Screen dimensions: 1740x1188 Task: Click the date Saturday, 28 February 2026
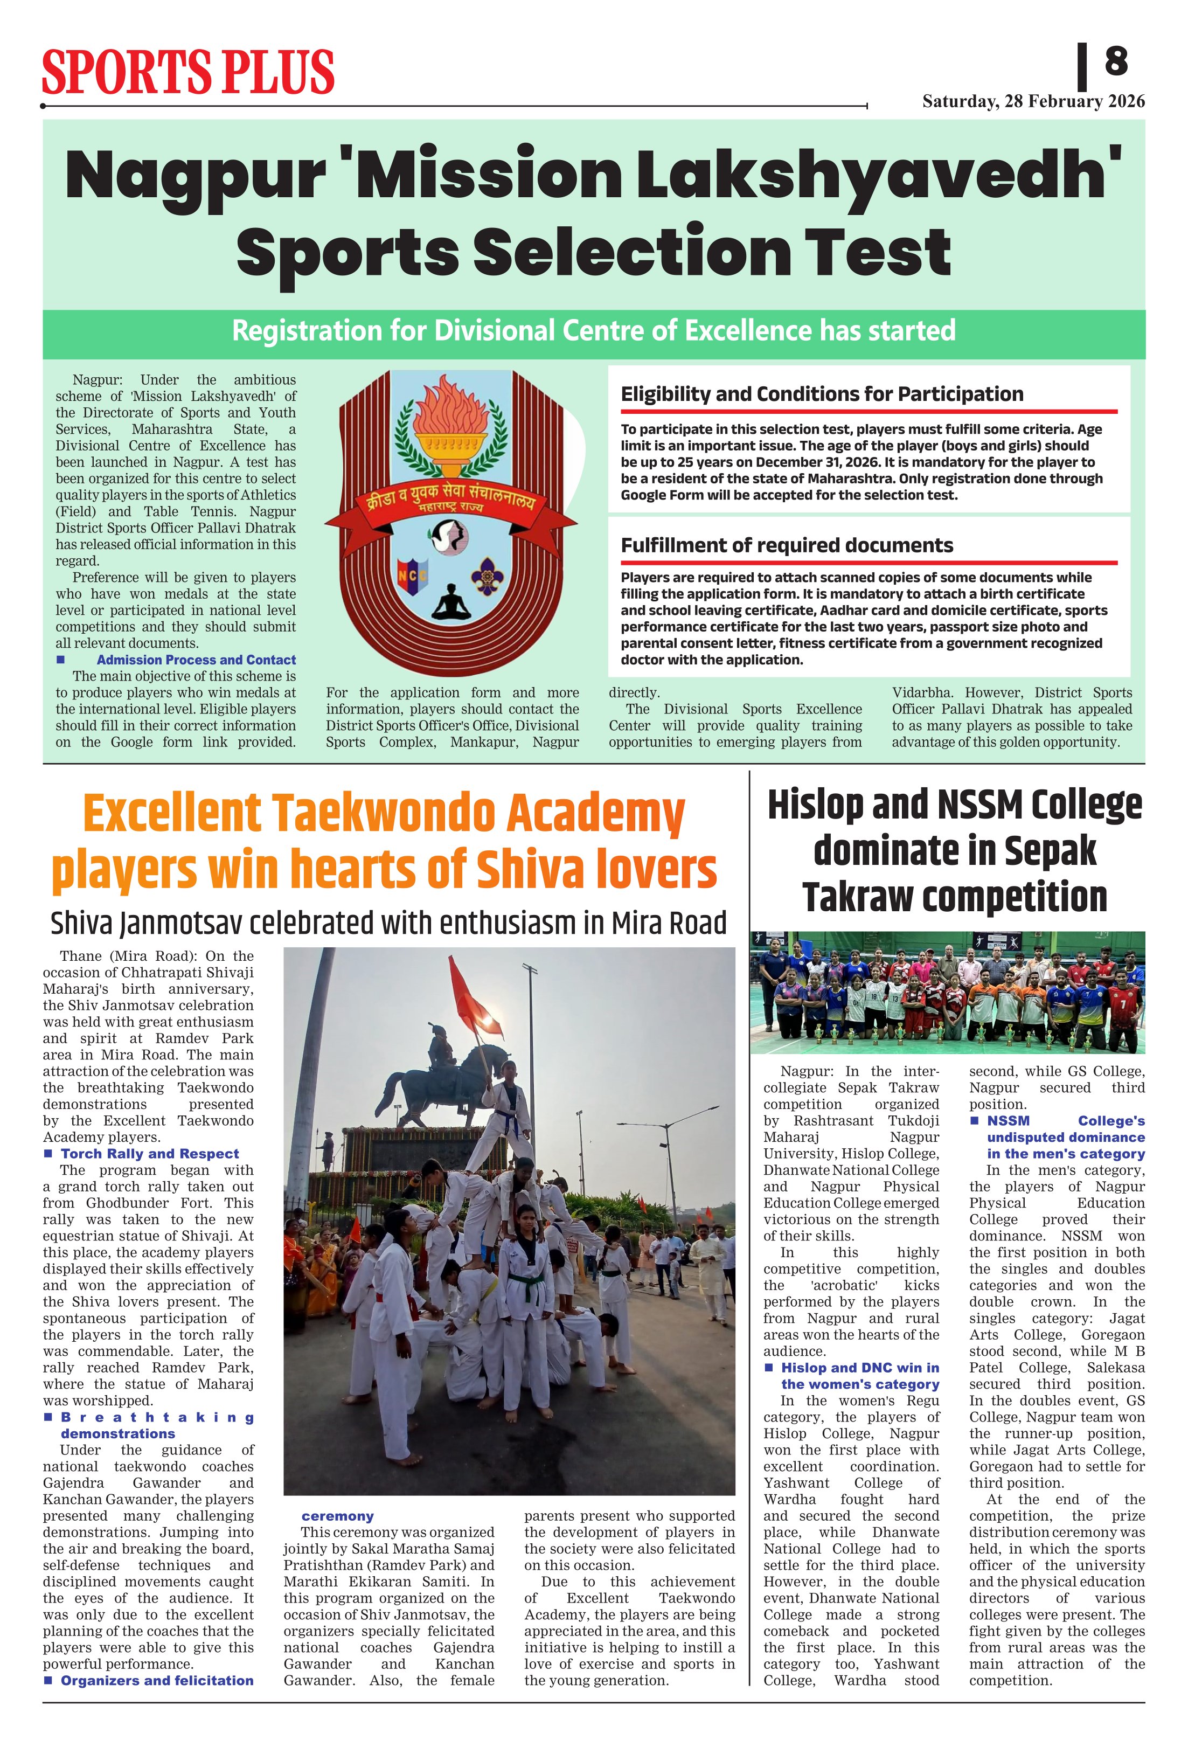pos(1033,102)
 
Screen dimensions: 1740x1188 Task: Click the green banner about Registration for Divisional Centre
pos(594,331)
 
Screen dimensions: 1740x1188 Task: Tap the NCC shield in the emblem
pos(412,577)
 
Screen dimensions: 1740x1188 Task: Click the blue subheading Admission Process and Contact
pos(196,660)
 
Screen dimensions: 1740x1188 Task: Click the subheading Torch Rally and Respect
pos(150,1154)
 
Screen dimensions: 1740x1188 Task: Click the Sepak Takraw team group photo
pos(947,992)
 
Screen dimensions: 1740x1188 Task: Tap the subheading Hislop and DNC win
pos(859,1368)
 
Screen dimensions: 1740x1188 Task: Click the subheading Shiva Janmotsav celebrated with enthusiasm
pos(388,923)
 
